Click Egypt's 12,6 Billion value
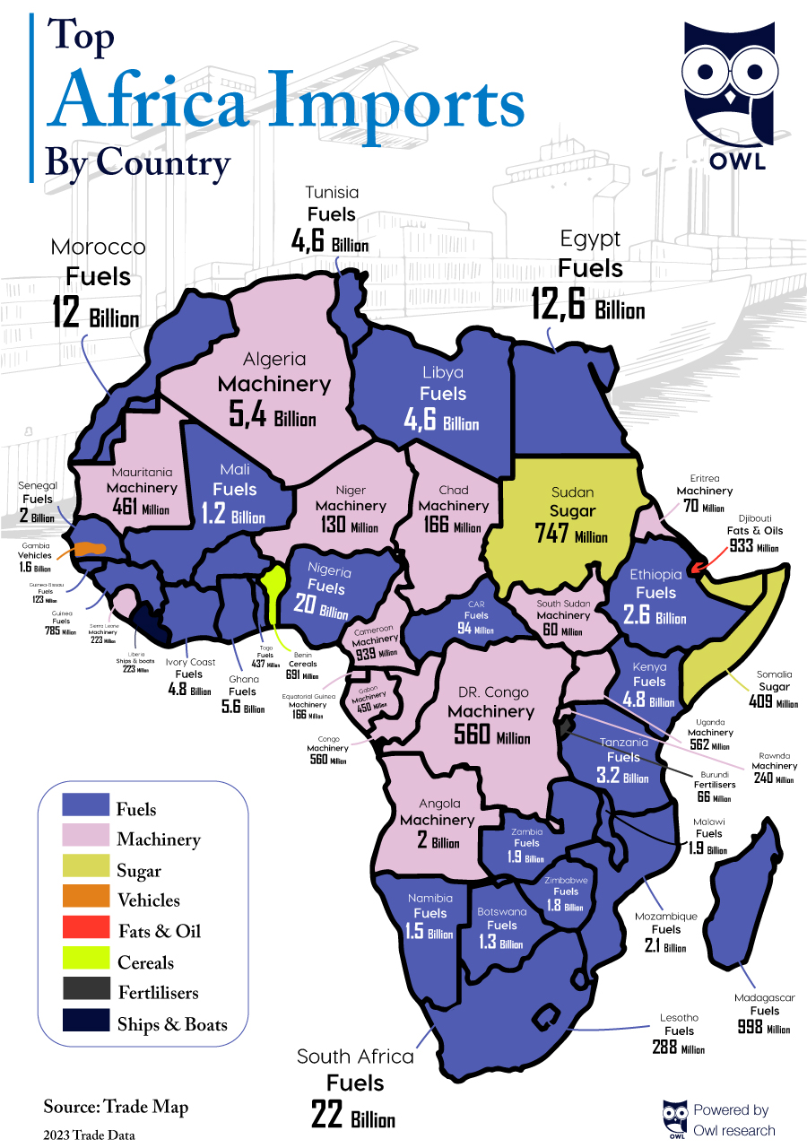click(587, 304)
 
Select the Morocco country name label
click(98, 247)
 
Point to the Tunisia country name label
click(331, 192)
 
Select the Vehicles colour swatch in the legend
click(85, 900)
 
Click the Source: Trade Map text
click(116, 1107)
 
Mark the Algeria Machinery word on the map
click(274, 384)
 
